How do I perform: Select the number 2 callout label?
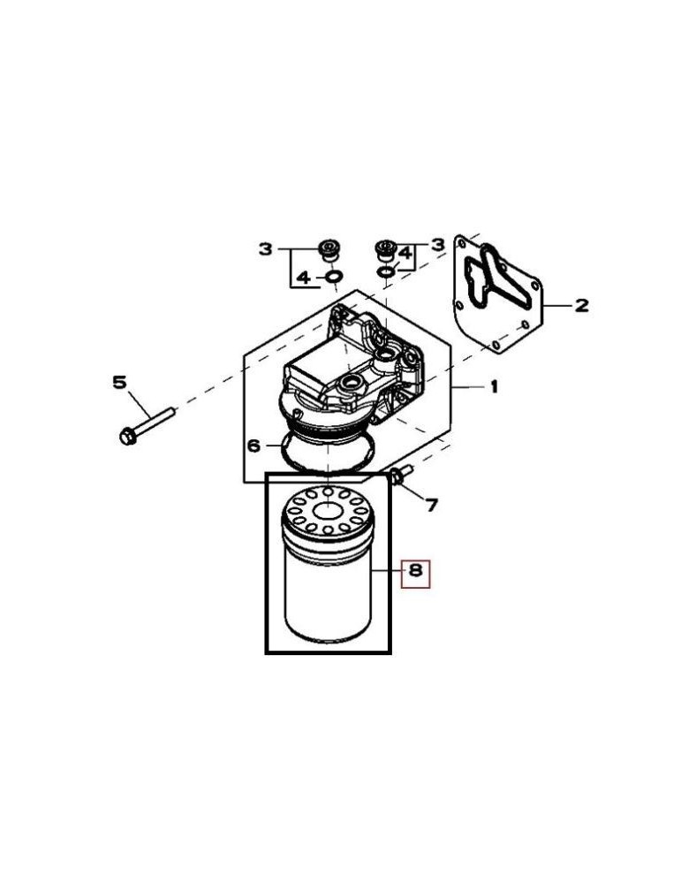tap(581, 306)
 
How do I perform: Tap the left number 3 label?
tap(266, 249)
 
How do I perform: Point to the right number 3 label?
tap(436, 243)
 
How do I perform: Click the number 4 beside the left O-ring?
tap(303, 278)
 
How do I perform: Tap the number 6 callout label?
tap(253, 446)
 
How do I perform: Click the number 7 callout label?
tap(431, 505)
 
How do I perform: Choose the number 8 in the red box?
tap(415, 574)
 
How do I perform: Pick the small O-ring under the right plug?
tap(385, 271)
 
